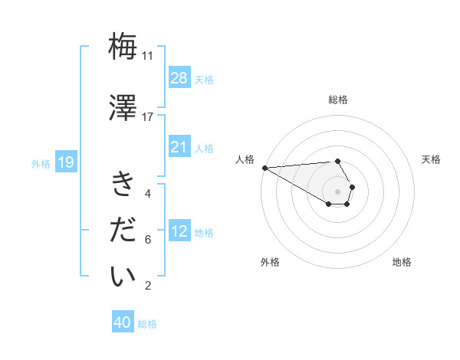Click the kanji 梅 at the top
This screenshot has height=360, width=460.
[x=123, y=47]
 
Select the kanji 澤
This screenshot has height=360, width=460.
[x=123, y=107]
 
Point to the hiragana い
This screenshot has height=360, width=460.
[x=123, y=277]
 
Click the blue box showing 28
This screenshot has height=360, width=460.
[x=179, y=78]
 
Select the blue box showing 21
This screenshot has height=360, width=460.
[x=179, y=147]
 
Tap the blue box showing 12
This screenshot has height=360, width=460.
[x=179, y=231]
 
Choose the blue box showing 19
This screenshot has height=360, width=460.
[x=66, y=162]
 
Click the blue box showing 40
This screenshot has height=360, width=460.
[x=123, y=322]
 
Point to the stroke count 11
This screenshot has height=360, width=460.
[x=147, y=56]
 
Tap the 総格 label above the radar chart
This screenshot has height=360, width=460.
[x=338, y=100]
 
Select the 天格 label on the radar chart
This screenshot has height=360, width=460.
[x=432, y=159]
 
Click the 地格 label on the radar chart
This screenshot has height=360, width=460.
[x=402, y=262]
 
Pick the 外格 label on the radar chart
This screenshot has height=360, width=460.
[x=270, y=262]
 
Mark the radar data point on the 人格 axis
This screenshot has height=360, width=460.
[x=264, y=168]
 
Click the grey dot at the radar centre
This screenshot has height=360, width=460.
[x=338, y=191]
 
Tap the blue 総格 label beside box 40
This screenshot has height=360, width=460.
[x=147, y=324]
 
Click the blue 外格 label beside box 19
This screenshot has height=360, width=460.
[x=41, y=163]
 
